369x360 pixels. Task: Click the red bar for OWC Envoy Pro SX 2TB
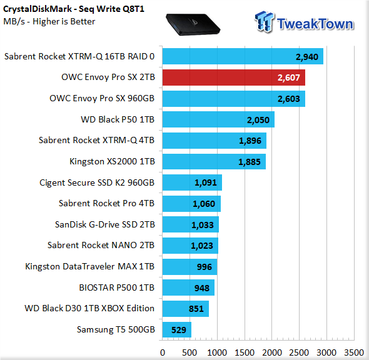click(234, 77)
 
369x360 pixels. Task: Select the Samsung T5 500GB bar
click(177, 329)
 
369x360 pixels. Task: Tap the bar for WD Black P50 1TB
click(218, 119)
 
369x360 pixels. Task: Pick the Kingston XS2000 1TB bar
click(214, 161)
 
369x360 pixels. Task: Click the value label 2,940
click(307, 57)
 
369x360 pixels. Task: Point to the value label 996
click(205, 267)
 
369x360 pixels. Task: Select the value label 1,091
click(205, 182)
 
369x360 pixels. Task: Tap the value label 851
click(196, 309)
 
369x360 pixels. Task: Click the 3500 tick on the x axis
click(354, 352)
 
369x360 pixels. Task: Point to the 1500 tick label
click(245, 352)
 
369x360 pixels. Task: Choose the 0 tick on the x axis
click(163, 352)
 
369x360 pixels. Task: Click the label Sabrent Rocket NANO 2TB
click(101, 245)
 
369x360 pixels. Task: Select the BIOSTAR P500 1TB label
click(117, 287)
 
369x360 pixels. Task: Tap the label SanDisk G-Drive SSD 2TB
click(105, 224)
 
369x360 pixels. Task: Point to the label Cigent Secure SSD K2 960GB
click(97, 182)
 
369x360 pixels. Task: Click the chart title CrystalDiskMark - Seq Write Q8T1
click(74, 9)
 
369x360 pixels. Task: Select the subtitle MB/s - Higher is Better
click(49, 21)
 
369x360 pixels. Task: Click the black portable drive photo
click(193, 24)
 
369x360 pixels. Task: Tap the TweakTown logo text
click(315, 24)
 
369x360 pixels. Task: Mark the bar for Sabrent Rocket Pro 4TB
click(191, 204)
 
